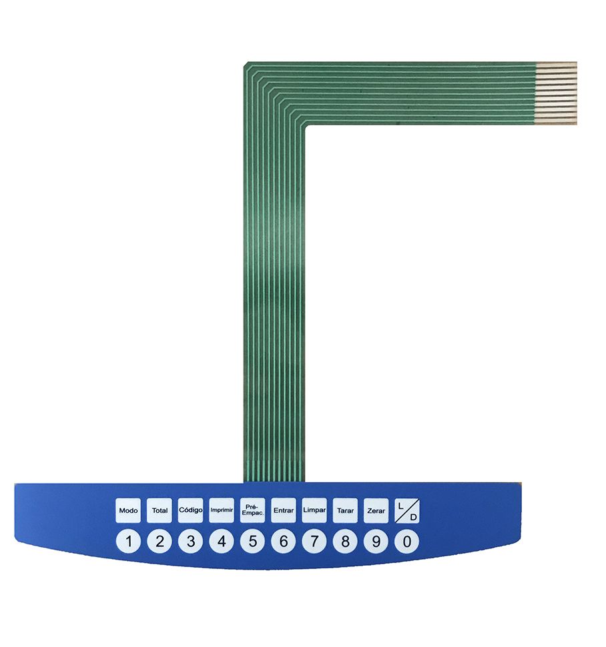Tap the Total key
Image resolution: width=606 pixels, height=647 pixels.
point(160,510)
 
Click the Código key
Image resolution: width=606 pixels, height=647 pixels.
point(190,510)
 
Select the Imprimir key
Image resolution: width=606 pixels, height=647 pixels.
point(222,510)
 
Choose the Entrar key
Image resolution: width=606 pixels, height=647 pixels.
point(284,510)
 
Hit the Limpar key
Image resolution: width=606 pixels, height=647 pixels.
point(314,510)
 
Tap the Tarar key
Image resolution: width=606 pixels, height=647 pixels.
point(345,510)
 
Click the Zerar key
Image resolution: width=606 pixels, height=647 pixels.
point(376,510)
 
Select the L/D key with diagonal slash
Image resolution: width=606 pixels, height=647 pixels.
point(407,510)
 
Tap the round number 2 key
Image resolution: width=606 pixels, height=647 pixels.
point(160,541)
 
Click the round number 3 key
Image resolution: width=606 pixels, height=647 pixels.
point(190,541)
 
